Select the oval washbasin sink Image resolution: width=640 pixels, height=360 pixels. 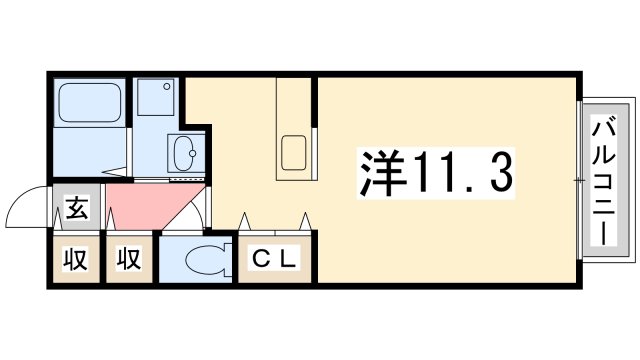click(x=185, y=154)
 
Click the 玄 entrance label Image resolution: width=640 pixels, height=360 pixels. click(x=76, y=210)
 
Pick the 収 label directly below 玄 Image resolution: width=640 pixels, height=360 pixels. click(x=76, y=259)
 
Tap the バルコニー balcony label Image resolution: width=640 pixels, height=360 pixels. click(x=605, y=180)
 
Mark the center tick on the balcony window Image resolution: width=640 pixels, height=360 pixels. click(x=579, y=179)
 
